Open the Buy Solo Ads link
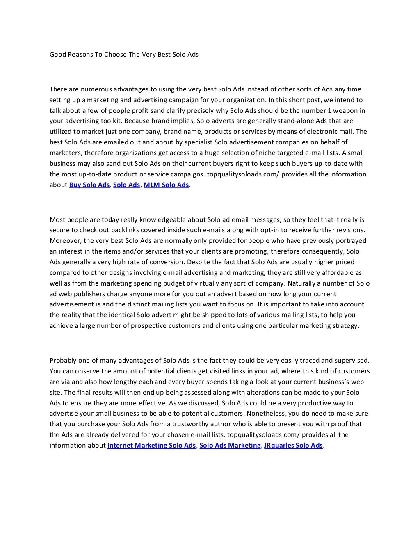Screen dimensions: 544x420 point(89,185)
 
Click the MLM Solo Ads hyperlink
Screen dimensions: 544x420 point(166,185)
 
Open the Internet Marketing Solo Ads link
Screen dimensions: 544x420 point(151,445)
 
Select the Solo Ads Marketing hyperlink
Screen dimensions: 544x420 point(230,445)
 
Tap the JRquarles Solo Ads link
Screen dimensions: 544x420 point(294,445)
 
